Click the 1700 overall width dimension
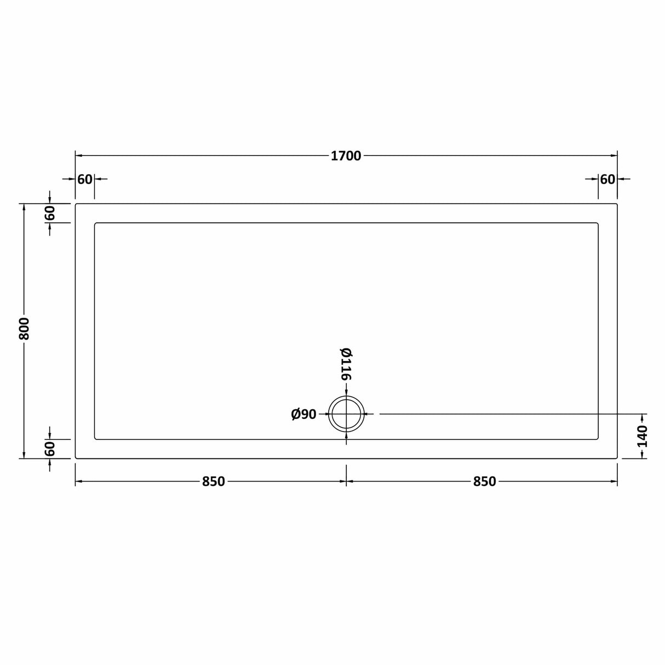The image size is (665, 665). [x=346, y=156]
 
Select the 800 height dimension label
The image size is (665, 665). [x=24, y=329]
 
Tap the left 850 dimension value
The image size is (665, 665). [x=213, y=481]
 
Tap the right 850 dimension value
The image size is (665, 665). [x=484, y=481]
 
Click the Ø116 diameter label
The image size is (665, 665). [x=346, y=364]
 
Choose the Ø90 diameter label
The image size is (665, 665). [x=303, y=415]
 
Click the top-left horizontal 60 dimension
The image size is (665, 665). [x=85, y=179]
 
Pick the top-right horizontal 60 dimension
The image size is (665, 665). [x=607, y=179]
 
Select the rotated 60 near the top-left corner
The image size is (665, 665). [x=50, y=213]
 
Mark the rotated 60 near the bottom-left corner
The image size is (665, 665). [x=50, y=449]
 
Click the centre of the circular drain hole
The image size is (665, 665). [x=346, y=414]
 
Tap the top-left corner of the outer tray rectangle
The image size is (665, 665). [x=76, y=204]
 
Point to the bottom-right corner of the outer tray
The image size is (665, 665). [x=617, y=458]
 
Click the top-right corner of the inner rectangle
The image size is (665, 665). [x=598, y=223]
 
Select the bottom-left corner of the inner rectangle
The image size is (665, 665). [x=95, y=439]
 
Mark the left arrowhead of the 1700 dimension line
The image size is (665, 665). [x=78, y=156]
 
